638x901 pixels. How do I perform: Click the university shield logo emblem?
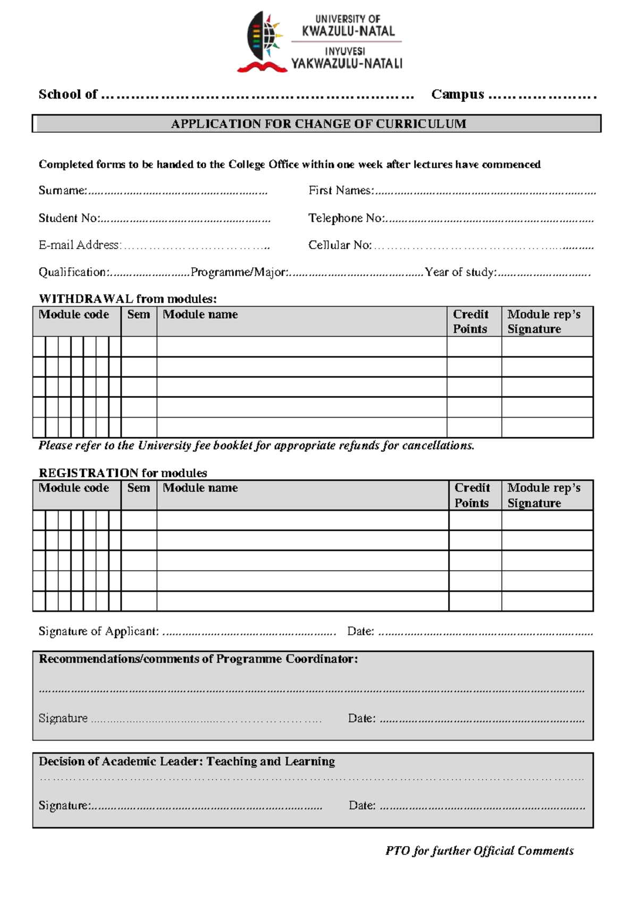tap(263, 41)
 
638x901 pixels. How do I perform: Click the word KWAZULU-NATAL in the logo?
tap(348, 31)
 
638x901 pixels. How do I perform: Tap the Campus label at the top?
tap(457, 95)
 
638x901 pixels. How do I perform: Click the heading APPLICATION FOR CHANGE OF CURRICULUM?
tap(318, 124)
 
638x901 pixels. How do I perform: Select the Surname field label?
tap(62, 191)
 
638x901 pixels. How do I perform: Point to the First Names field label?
tap(341, 191)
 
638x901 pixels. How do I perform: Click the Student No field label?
tap(69, 218)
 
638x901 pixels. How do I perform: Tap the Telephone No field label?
tap(347, 218)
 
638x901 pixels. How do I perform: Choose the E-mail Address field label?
tap(79, 245)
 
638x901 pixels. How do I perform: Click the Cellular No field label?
tap(340, 245)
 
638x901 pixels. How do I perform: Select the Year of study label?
tap(460, 273)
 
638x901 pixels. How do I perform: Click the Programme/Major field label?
tap(240, 273)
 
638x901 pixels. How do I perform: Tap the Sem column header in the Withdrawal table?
tap(138, 314)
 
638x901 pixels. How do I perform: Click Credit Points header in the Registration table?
tap(472, 495)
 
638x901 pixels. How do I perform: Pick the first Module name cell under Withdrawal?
tap(301, 347)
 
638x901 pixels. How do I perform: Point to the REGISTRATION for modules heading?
tap(123, 473)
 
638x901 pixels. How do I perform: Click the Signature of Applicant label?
tap(98, 631)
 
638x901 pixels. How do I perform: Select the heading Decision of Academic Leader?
tap(187, 761)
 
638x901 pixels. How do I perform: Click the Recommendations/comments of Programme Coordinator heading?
tap(198, 659)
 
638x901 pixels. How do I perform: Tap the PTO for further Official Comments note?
tap(479, 851)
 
